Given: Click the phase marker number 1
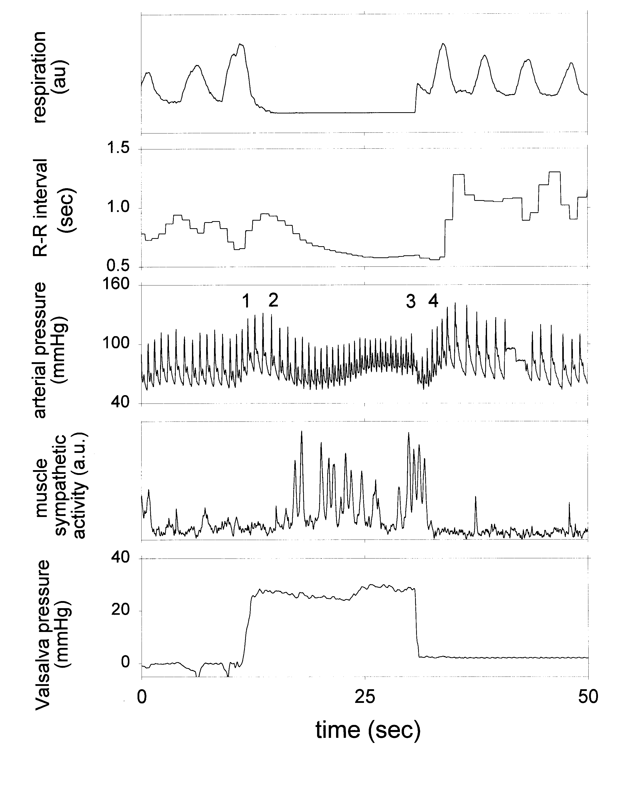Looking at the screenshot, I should [x=246, y=301].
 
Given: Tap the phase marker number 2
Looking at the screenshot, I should [x=273, y=300].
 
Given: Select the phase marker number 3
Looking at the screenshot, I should [x=410, y=301].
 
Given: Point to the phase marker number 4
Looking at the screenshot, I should [x=433, y=301].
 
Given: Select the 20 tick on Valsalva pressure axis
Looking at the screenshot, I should [x=121, y=610].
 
